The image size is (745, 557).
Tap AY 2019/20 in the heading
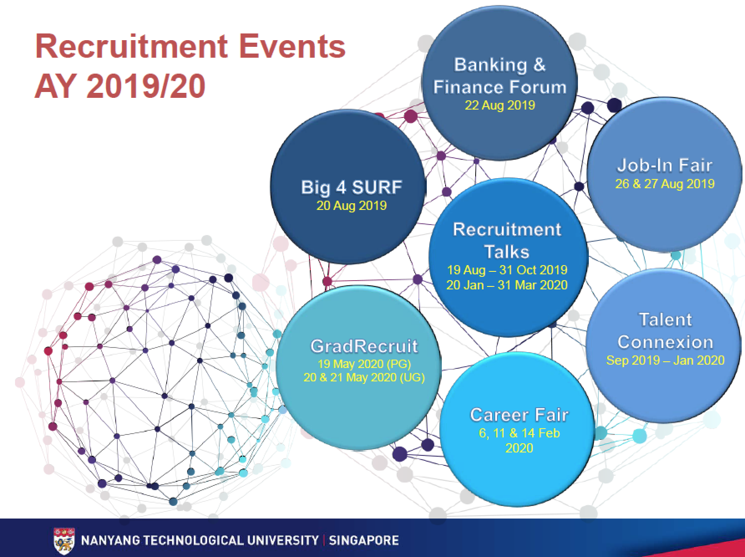pyautogui.click(x=120, y=87)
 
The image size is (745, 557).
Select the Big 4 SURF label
pyautogui.click(x=352, y=187)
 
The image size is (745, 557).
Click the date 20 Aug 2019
pyautogui.click(x=352, y=205)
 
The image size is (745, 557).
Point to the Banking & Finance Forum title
pyautogui.click(x=500, y=76)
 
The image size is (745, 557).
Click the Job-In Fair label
pyautogui.click(x=664, y=165)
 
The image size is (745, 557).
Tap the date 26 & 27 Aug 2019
pyautogui.click(x=665, y=184)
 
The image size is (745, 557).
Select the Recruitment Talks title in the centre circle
pyautogui.click(x=507, y=240)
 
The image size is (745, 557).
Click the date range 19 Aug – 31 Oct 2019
pyautogui.click(x=507, y=270)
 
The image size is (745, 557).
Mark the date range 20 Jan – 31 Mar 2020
pyautogui.click(x=507, y=285)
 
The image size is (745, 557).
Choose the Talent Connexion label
pyautogui.click(x=665, y=331)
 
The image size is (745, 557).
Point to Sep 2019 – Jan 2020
pyautogui.click(x=665, y=360)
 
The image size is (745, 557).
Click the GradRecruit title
pyautogui.click(x=364, y=346)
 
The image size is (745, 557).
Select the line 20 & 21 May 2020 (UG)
pyautogui.click(x=364, y=378)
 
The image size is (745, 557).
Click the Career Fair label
pyautogui.click(x=519, y=415)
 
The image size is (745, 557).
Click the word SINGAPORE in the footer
pyautogui.click(x=364, y=540)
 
